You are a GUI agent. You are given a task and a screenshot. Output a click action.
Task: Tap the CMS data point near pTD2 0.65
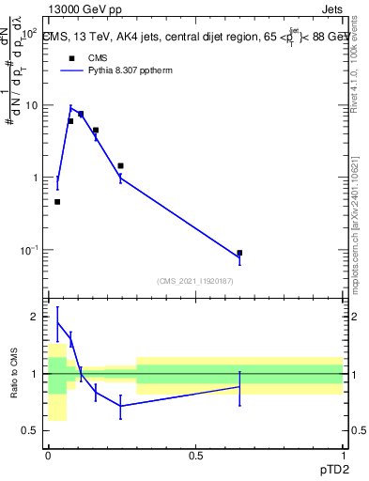(239, 253)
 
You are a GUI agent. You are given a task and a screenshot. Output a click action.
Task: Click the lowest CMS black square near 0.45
(57, 202)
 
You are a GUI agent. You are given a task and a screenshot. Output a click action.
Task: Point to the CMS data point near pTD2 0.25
(120, 165)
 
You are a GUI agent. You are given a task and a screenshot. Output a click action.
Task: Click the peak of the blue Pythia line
(70, 107)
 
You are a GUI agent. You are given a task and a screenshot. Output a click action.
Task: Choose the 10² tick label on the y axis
(28, 34)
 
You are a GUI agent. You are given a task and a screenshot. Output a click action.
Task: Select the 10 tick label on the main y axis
(32, 105)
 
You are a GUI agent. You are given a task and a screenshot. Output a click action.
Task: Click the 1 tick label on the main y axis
(35, 178)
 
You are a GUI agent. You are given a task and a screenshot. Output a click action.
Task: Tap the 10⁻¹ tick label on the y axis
(28, 250)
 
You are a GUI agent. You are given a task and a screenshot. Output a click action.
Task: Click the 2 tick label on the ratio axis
(35, 318)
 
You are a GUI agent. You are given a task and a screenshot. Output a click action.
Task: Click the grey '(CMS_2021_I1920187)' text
(195, 280)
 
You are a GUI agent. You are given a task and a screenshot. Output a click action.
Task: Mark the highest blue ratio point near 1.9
(57, 322)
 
